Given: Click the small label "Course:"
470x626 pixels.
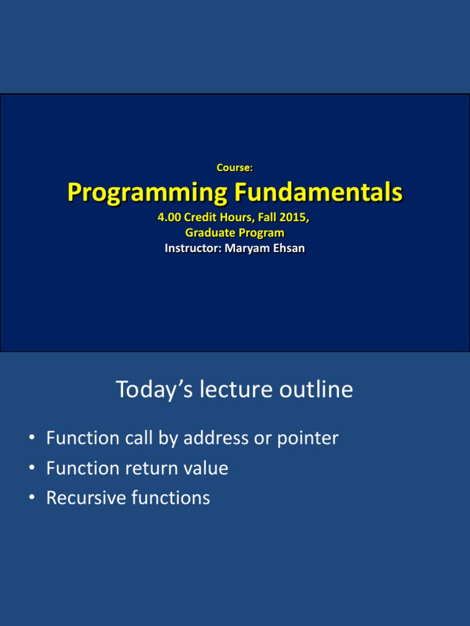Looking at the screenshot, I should pyautogui.click(x=235, y=167).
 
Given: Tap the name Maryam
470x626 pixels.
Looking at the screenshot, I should pyautogui.click(x=244, y=248).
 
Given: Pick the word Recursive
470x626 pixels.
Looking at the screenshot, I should pyautogui.click(x=86, y=498).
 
